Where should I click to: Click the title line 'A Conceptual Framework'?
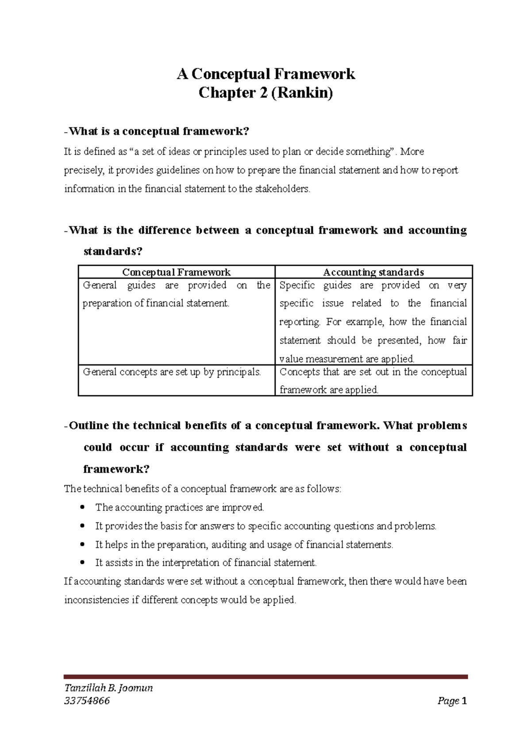click(265, 74)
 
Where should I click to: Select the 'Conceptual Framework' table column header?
click(176, 272)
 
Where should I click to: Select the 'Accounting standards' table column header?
click(373, 272)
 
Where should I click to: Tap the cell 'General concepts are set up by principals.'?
click(172, 372)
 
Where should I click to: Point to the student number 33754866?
click(87, 701)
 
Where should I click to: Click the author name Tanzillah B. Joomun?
click(108, 688)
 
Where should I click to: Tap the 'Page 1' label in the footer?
click(452, 701)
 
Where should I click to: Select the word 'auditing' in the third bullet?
click(229, 544)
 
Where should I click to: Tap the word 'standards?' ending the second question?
click(113, 252)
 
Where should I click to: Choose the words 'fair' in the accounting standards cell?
click(459, 340)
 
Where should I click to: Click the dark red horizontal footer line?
click(265, 677)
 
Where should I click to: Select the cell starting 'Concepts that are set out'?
click(373, 380)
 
